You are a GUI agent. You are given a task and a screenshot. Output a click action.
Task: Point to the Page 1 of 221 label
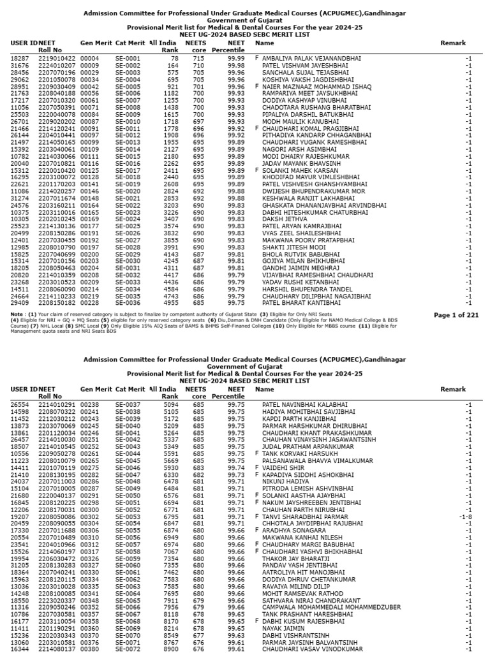(456, 297)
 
